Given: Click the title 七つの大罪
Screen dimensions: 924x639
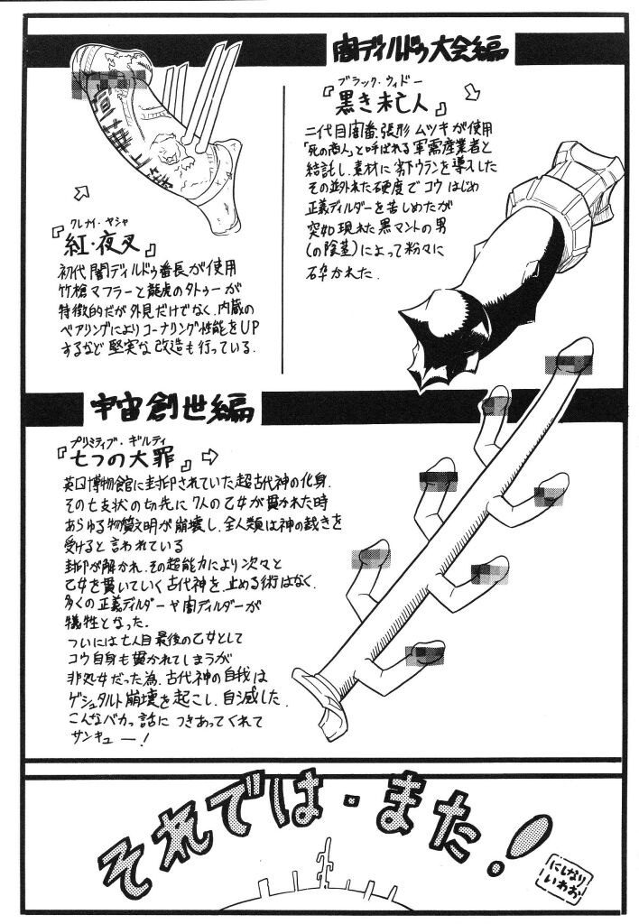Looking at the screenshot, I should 125,460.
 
